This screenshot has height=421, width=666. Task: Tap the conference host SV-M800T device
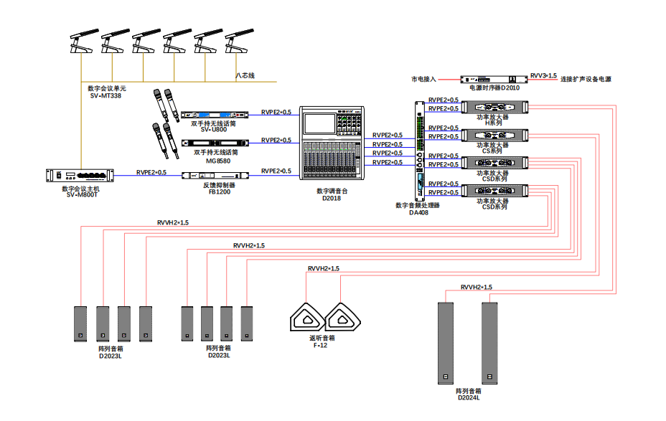coord(80,176)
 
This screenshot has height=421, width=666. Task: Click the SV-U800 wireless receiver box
coord(214,115)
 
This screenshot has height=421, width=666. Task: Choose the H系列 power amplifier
coord(495,107)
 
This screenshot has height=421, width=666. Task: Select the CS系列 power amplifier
coord(495,135)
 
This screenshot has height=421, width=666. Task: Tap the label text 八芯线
coord(245,75)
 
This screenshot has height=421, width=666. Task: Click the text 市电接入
coord(423,79)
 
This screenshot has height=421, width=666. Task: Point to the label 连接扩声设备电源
coord(586,79)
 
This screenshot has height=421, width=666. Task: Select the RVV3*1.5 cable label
coord(543,75)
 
